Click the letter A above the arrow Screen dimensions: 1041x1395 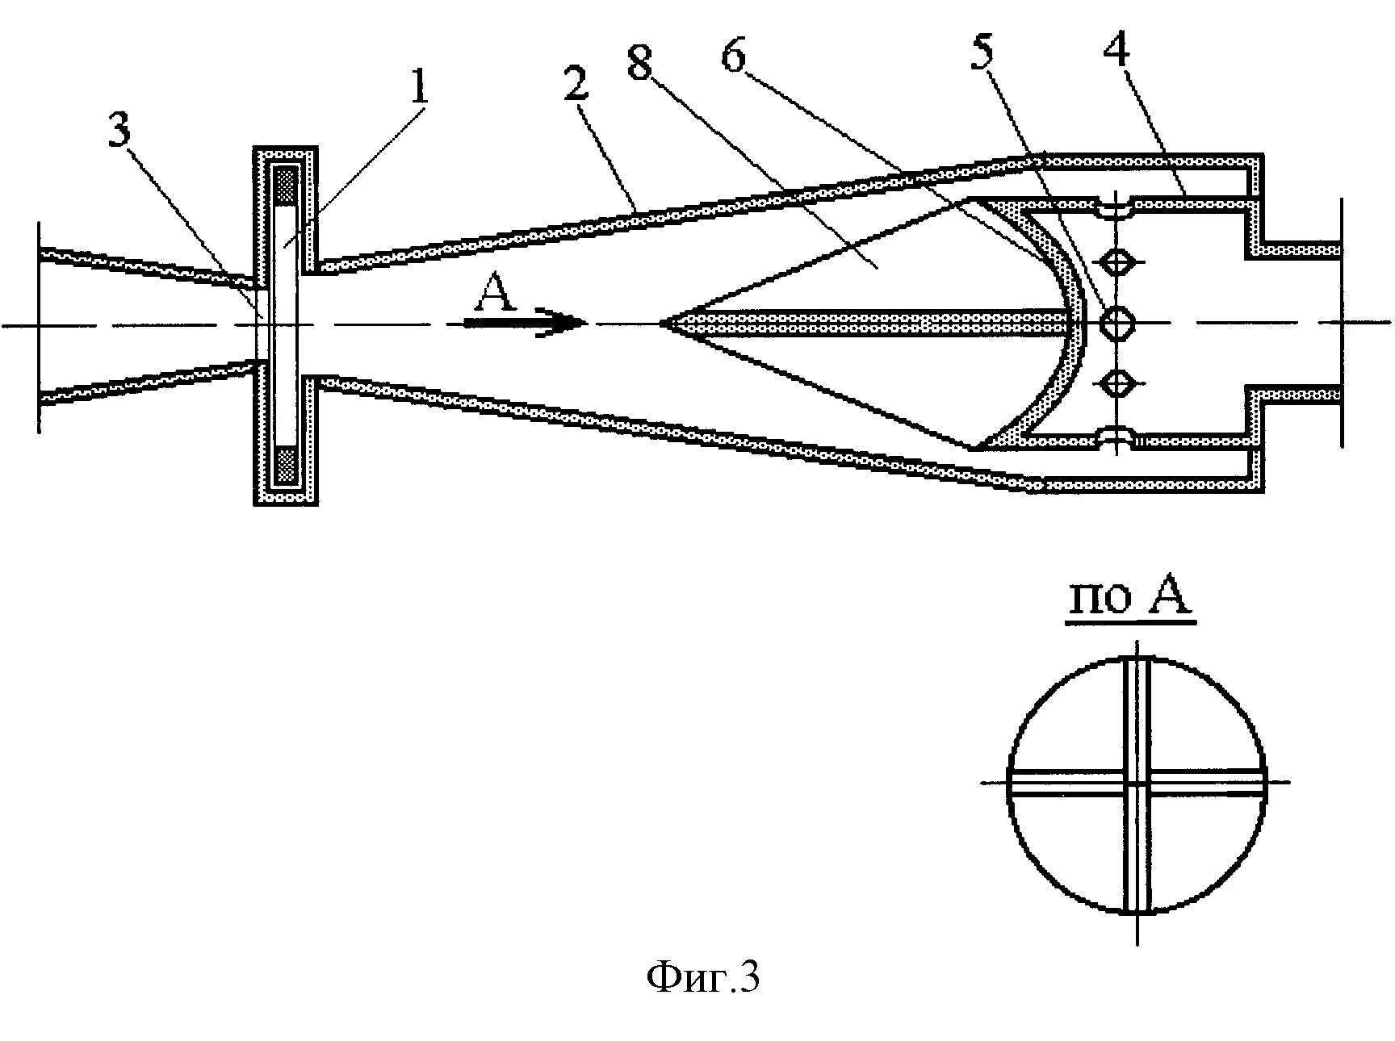(x=494, y=294)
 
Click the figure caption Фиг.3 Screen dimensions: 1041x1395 (x=703, y=978)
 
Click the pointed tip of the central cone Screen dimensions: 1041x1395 (x=662, y=324)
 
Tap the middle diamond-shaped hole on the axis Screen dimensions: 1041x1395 (x=1117, y=324)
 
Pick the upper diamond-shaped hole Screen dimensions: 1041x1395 (x=1117, y=263)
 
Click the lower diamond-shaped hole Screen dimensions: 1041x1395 (x=1117, y=383)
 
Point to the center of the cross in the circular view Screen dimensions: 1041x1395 (x=1137, y=782)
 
